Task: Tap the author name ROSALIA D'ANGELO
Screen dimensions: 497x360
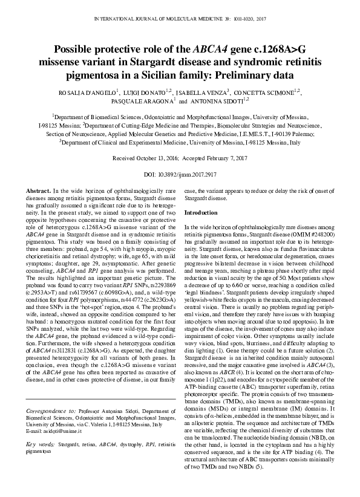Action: click(88, 93)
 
